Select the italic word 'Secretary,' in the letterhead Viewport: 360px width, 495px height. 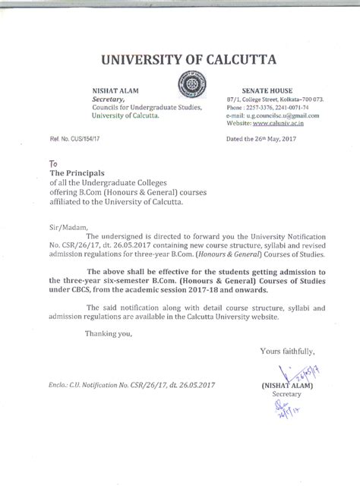click(x=109, y=99)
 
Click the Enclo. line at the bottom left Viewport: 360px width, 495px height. click(x=133, y=385)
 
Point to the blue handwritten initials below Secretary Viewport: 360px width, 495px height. click(x=283, y=411)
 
